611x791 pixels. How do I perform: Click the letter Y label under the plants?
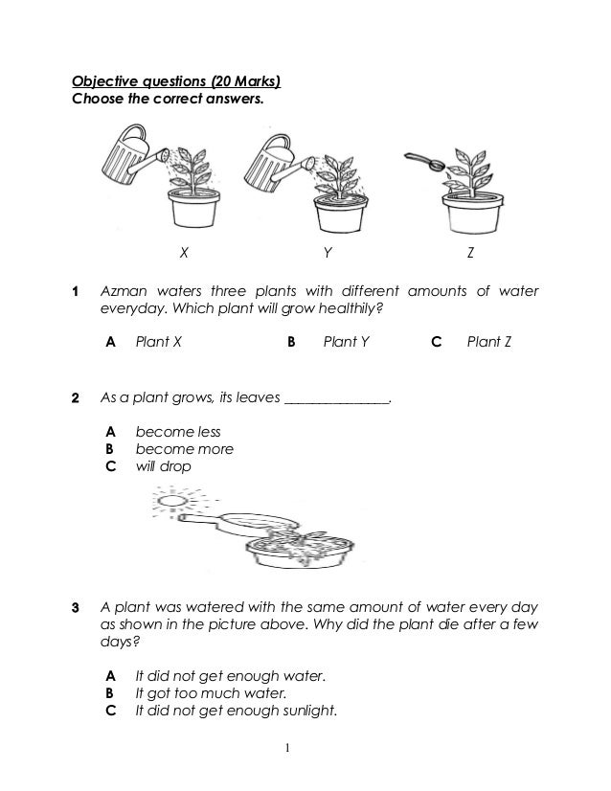[328, 254]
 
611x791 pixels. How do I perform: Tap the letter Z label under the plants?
[471, 254]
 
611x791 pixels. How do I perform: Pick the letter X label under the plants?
[184, 254]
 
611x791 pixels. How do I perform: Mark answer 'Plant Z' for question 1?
[488, 340]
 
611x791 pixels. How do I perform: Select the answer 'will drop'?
[163, 466]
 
